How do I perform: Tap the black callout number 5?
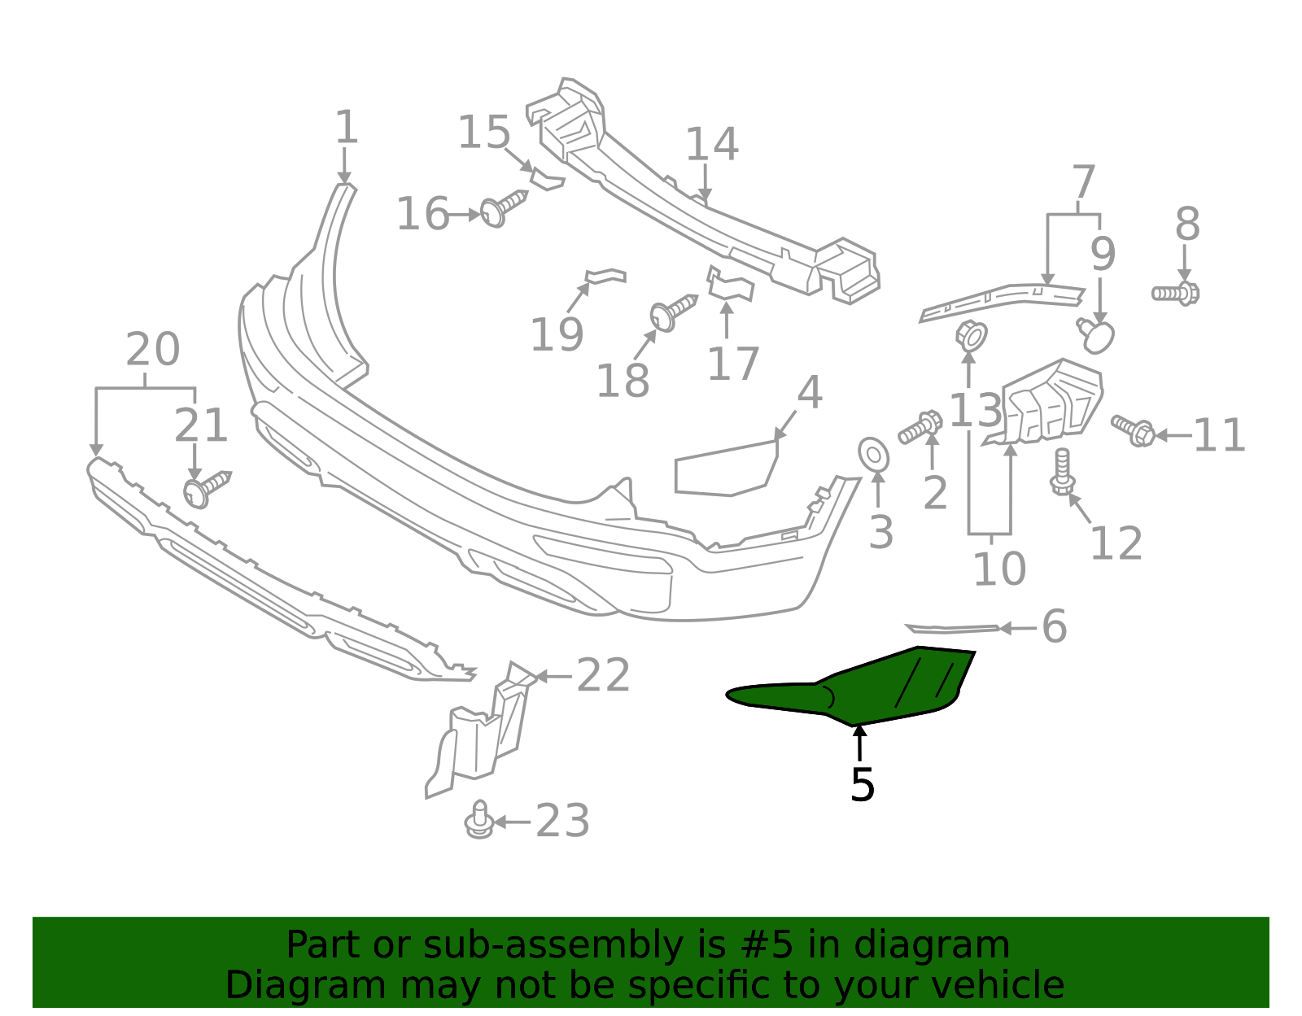(x=862, y=785)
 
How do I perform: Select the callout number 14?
(x=711, y=145)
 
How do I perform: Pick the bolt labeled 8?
(x=1176, y=293)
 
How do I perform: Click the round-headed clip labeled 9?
(x=1097, y=335)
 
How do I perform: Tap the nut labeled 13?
(x=970, y=335)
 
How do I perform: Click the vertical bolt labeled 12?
(x=1061, y=472)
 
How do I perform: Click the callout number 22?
(x=603, y=676)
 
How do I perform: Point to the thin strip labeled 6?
(x=952, y=628)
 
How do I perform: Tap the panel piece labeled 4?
(x=724, y=469)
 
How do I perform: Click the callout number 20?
(x=152, y=350)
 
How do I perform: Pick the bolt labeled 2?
(x=920, y=427)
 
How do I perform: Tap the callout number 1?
(x=346, y=129)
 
